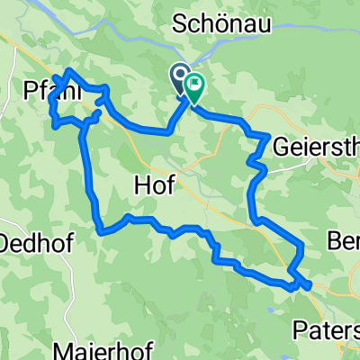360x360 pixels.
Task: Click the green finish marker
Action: (193, 86)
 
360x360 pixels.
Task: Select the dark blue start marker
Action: (178, 76)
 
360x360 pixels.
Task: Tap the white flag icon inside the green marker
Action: (193, 85)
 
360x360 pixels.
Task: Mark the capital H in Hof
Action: (139, 184)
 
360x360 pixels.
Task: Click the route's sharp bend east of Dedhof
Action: (102, 231)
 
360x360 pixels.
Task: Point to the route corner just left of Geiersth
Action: (267, 137)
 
